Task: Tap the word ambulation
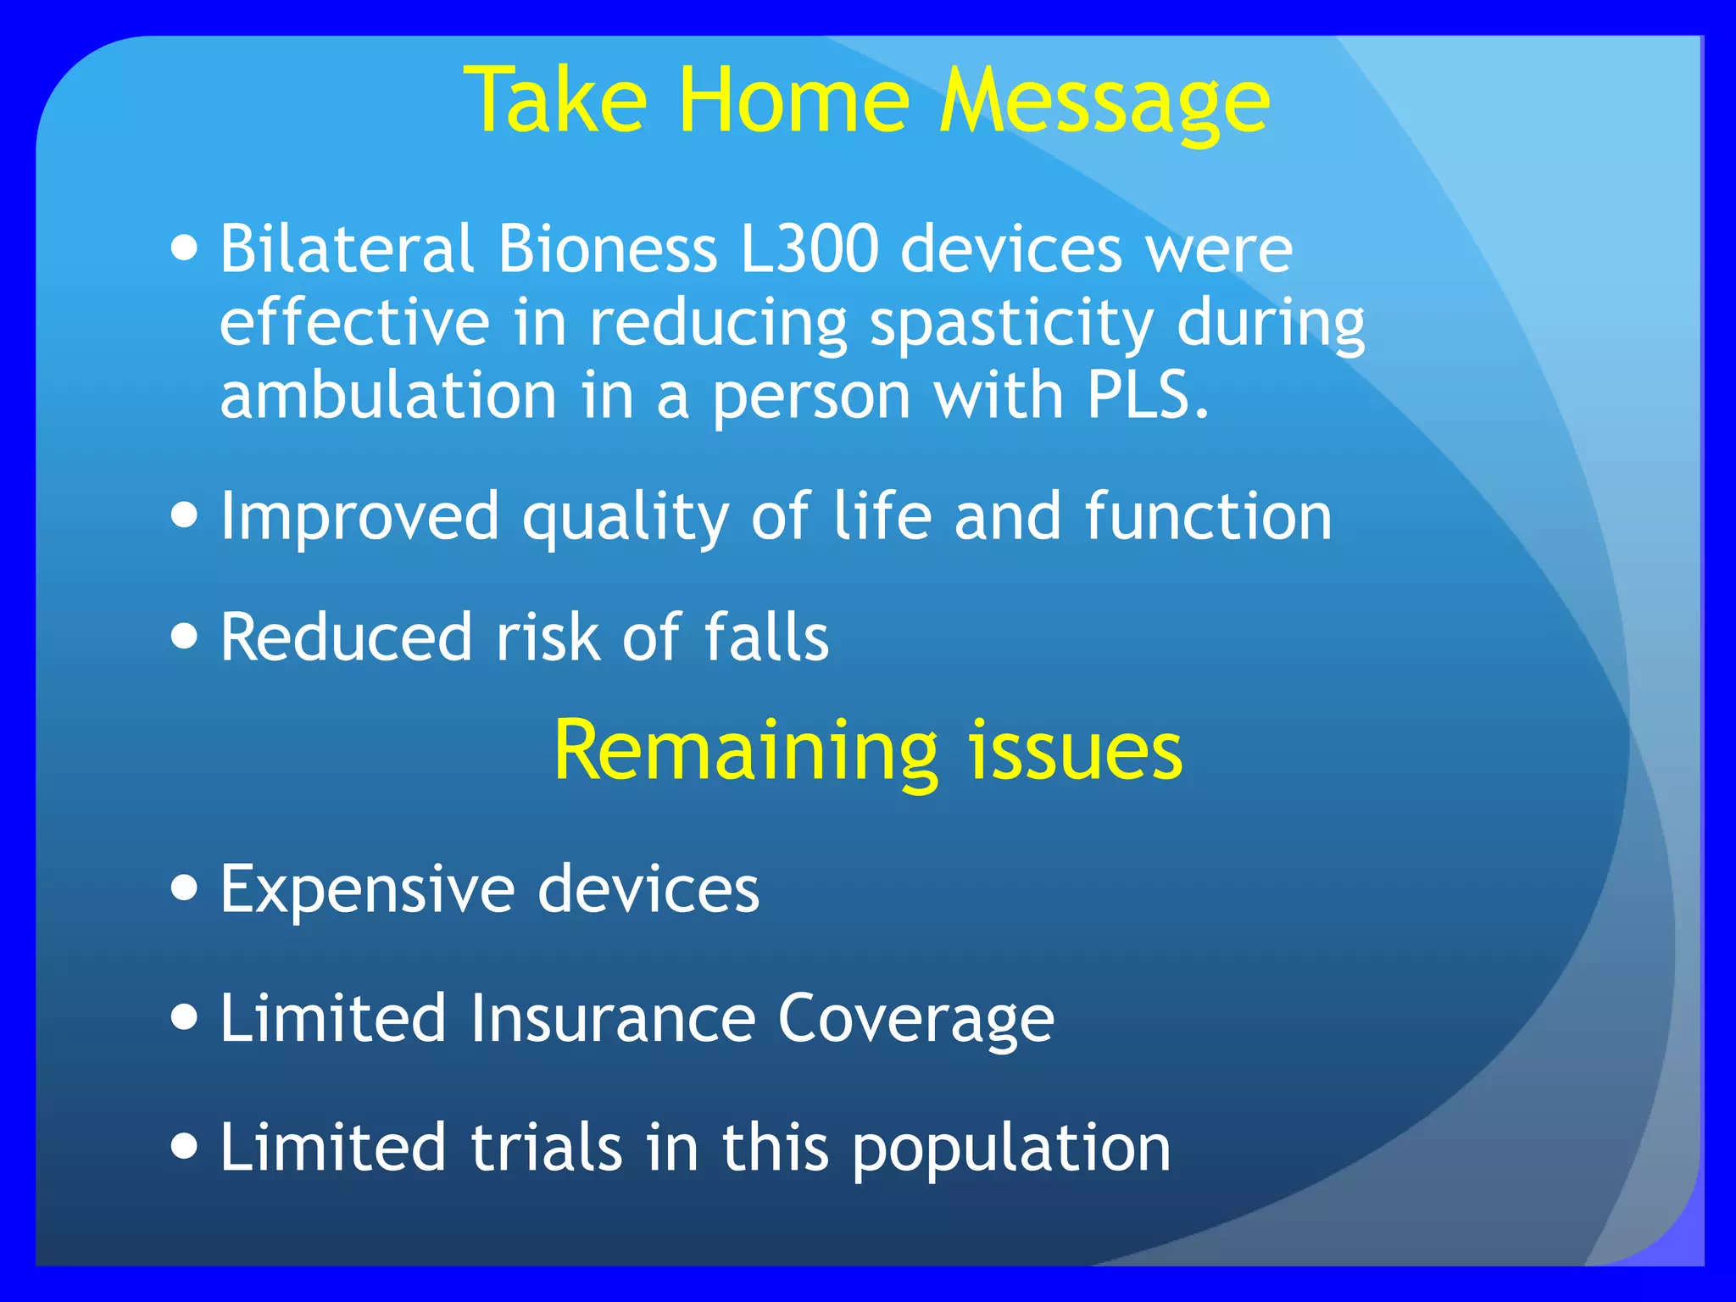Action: [x=387, y=396]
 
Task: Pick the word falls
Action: [x=766, y=637]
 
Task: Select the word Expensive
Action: [x=367, y=890]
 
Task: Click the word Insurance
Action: [x=612, y=1018]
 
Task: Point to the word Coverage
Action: [x=915, y=1020]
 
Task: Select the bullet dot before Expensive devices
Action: [x=184, y=887]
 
